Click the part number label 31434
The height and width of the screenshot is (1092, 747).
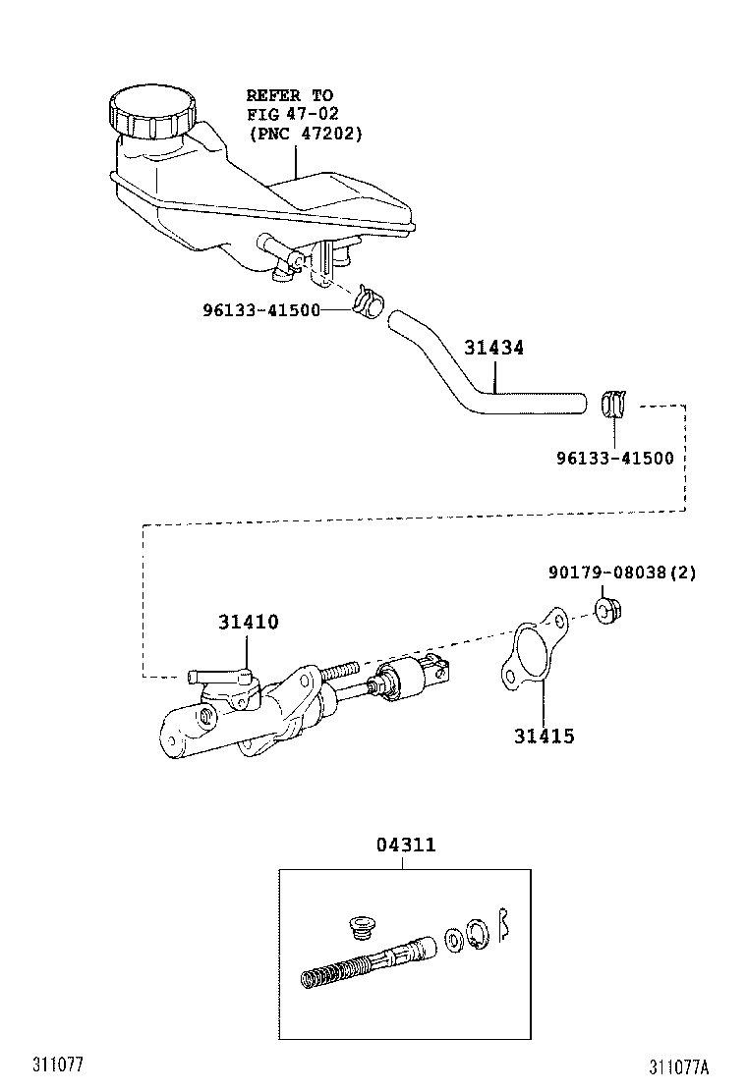493,348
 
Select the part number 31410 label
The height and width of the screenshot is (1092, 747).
248,622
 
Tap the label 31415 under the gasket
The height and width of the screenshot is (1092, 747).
544,736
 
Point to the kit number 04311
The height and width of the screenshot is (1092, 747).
405,845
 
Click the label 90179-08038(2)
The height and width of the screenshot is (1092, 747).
621,573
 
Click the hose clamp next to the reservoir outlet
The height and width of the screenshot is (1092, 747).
368,300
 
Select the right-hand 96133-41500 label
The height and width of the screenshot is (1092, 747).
611,458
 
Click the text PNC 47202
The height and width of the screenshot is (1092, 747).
305,133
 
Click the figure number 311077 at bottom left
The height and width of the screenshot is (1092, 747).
56,1065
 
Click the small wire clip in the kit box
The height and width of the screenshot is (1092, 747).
504,925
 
